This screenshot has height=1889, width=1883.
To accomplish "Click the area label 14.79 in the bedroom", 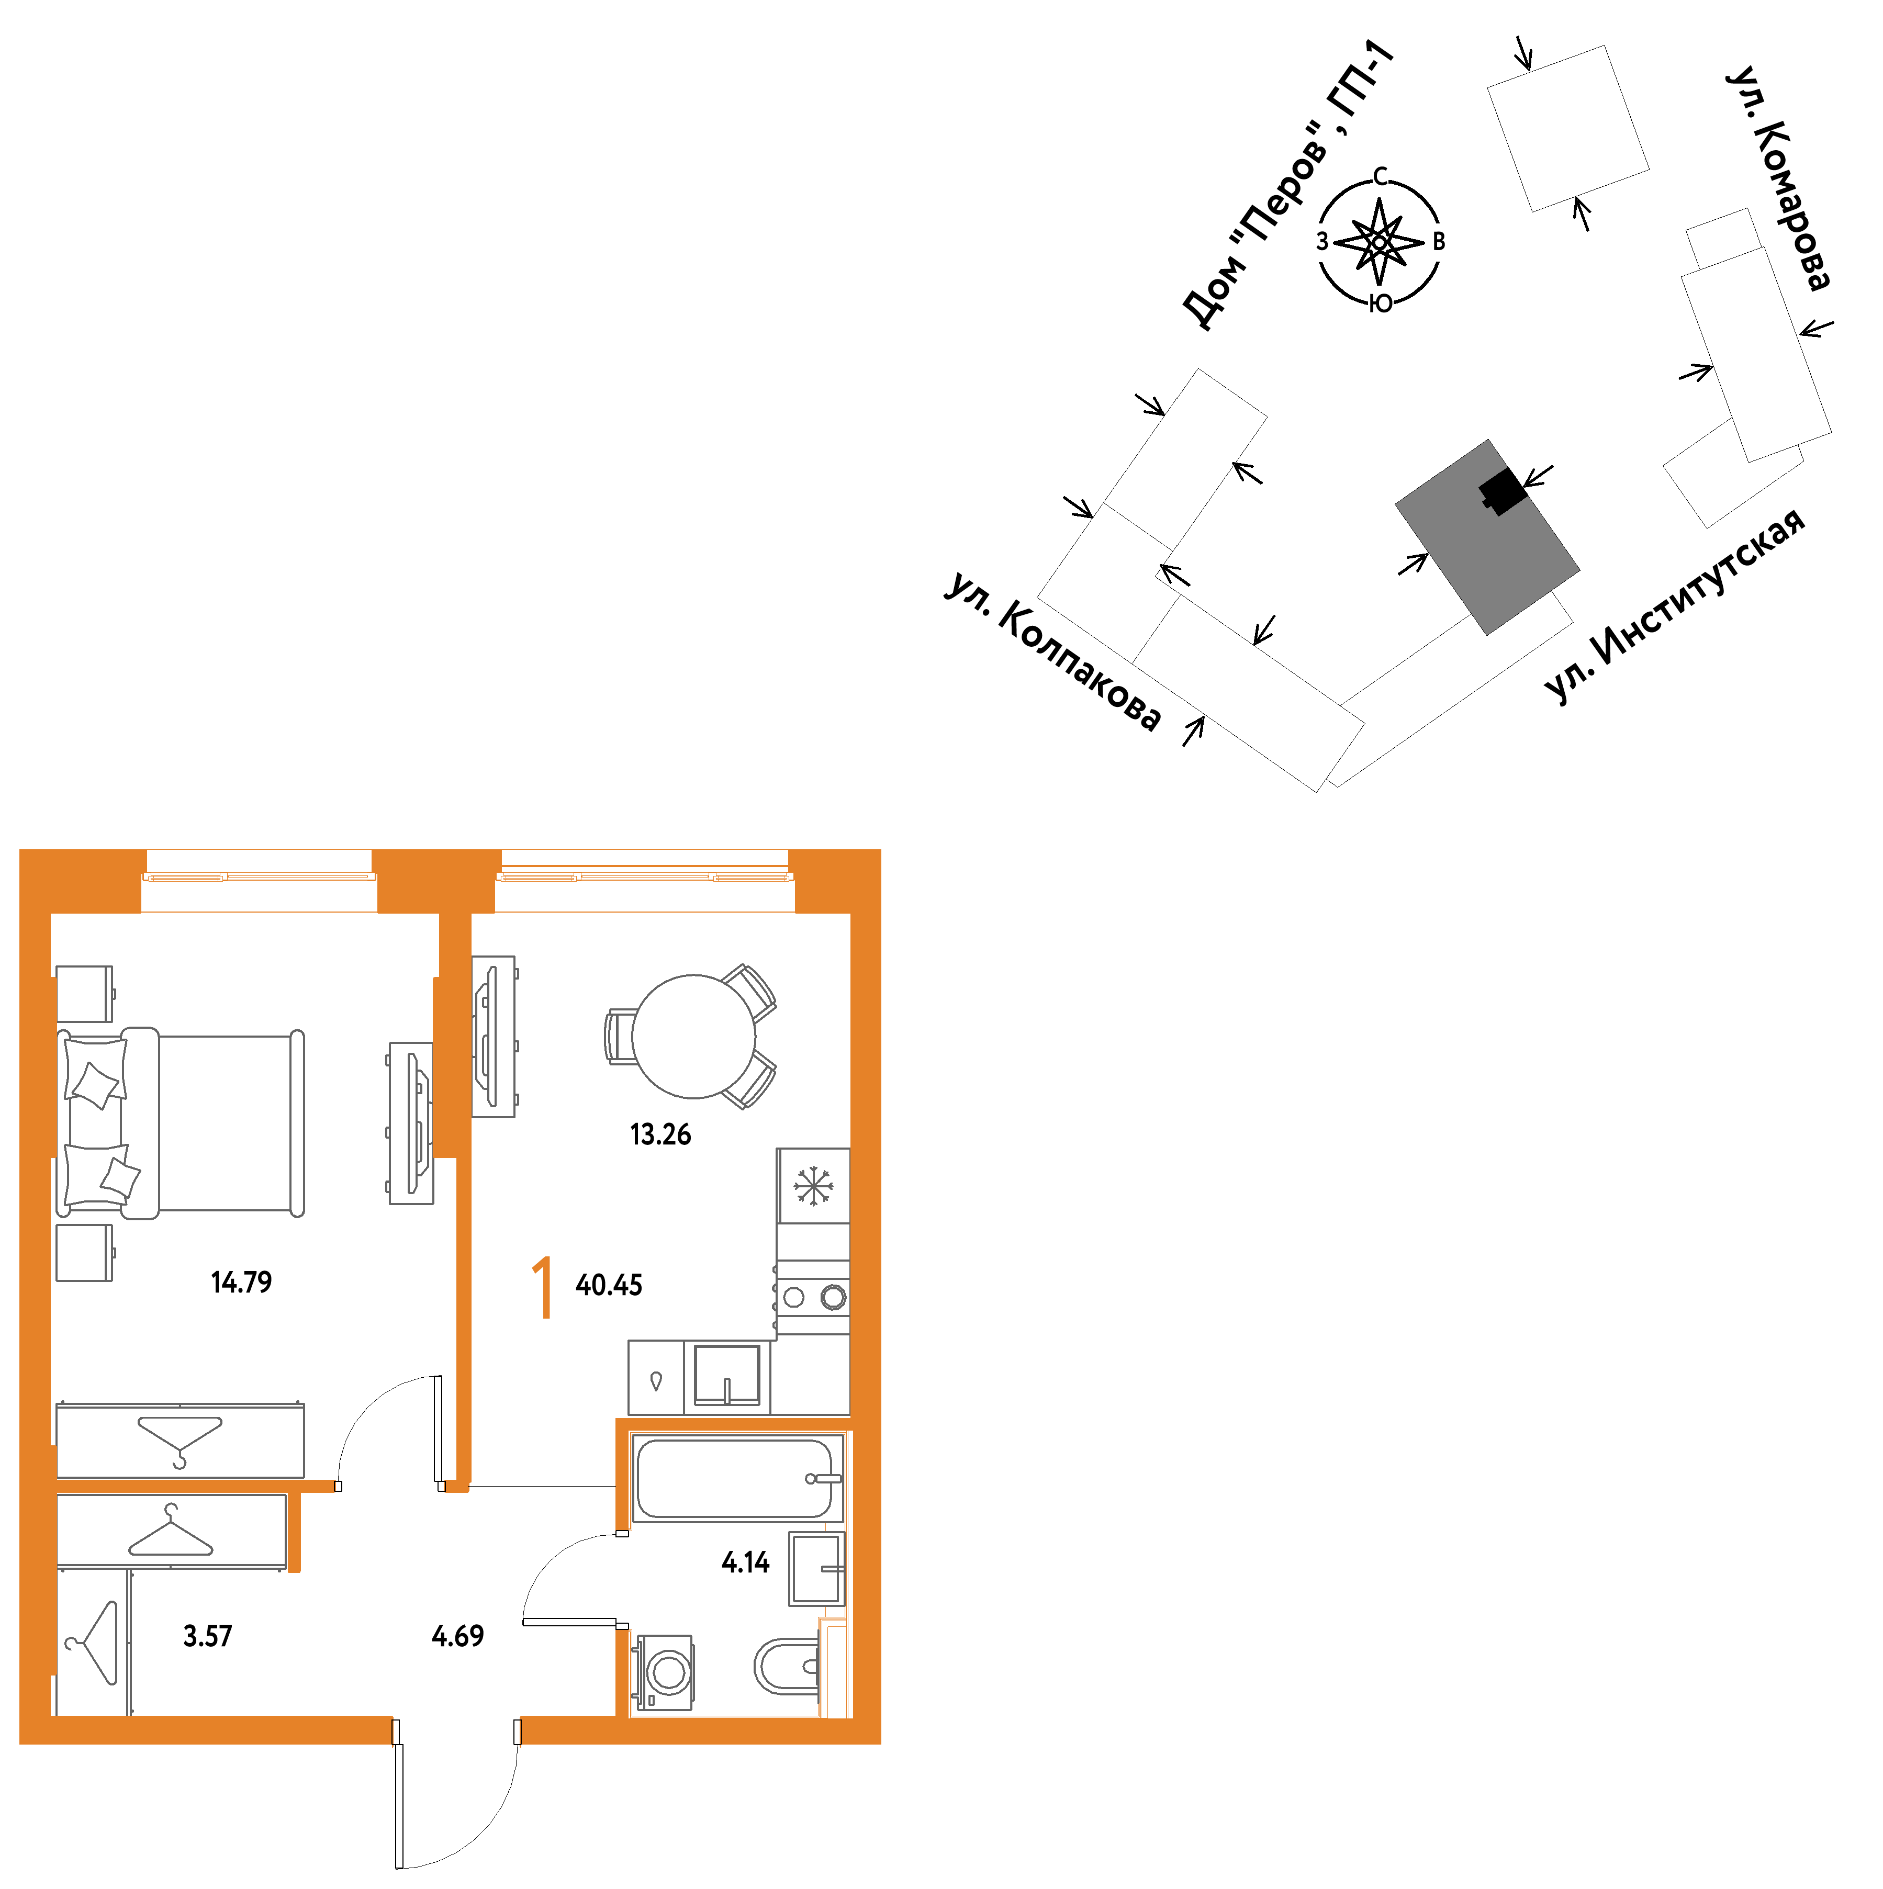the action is [x=241, y=1282].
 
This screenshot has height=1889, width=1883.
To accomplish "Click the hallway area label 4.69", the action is [x=457, y=1636].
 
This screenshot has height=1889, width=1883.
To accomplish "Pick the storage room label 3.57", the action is [x=207, y=1636].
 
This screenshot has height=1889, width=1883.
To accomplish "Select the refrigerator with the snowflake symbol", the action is [x=812, y=1185].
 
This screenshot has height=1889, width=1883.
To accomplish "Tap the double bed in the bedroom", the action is [x=181, y=1122].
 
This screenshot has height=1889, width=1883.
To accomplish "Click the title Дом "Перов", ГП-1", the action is [x=1287, y=186].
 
